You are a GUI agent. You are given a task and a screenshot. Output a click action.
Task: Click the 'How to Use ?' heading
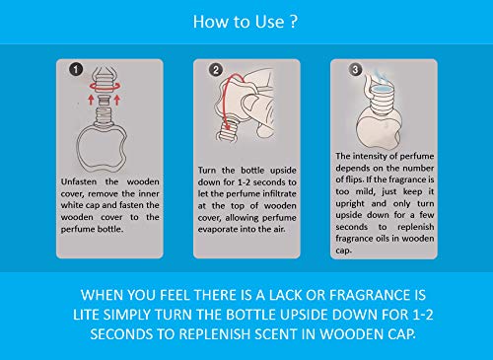pyautogui.click(x=246, y=22)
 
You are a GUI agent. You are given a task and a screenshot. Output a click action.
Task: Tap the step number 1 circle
pyautogui.click(x=76, y=69)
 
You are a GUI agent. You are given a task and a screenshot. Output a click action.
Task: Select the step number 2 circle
pyautogui.click(x=216, y=70)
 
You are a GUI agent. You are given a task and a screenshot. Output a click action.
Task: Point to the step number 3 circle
pyautogui.click(x=355, y=69)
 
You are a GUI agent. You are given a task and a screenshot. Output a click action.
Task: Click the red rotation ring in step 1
pyautogui.click(x=106, y=91)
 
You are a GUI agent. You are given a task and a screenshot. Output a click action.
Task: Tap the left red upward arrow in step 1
pyautogui.click(x=91, y=100)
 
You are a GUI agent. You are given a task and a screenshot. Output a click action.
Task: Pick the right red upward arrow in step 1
pyautogui.click(x=117, y=100)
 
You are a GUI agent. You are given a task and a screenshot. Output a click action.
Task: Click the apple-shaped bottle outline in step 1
pyautogui.click(x=78, y=148)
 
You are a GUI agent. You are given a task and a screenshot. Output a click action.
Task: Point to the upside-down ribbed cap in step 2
pyautogui.click(x=227, y=132)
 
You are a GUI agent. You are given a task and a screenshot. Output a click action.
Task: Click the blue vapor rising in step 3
pyautogui.click(x=382, y=79)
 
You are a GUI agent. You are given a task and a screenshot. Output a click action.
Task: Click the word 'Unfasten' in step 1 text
pyautogui.click(x=79, y=181)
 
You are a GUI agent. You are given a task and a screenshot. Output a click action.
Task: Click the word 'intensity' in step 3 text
pyautogui.click(x=368, y=156)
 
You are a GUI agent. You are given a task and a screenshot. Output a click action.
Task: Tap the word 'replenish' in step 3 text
pyautogui.click(x=415, y=227)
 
